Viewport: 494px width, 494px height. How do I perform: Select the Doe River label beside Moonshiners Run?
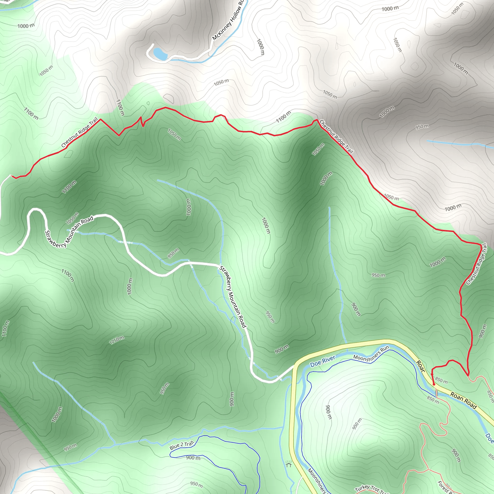tap(322, 361)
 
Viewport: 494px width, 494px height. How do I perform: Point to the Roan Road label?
tap(463, 401)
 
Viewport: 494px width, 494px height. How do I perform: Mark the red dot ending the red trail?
tap(434, 384)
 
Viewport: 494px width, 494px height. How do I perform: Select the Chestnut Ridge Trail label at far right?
tap(476, 264)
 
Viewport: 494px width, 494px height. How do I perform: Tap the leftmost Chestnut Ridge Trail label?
tap(80, 132)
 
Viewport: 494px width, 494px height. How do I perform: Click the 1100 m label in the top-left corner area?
tap(31, 113)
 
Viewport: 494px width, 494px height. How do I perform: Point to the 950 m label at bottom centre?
tap(196, 484)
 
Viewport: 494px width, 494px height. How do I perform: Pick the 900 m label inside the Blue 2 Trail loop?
tap(193, 458)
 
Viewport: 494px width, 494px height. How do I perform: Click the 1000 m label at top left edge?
tap(26, 26)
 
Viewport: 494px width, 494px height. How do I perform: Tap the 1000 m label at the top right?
tap(390, 9)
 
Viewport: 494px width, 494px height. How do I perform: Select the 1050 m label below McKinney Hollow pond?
tap(221, 82)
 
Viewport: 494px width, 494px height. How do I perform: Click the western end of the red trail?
tap(12, 176)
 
